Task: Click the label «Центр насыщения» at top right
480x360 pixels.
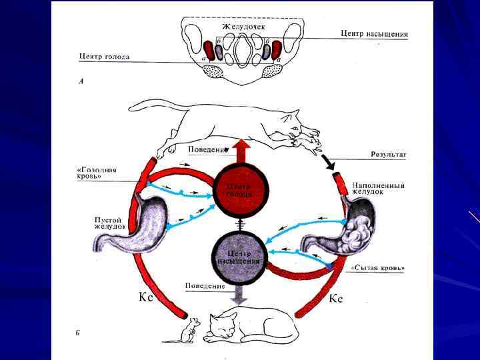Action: click(x=374, y=33)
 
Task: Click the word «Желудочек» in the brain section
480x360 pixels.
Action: click(x=243, y=26)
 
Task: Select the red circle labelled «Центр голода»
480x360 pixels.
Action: click(x=239, y=190)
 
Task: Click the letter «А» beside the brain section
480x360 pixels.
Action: click(x=81, y=84)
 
